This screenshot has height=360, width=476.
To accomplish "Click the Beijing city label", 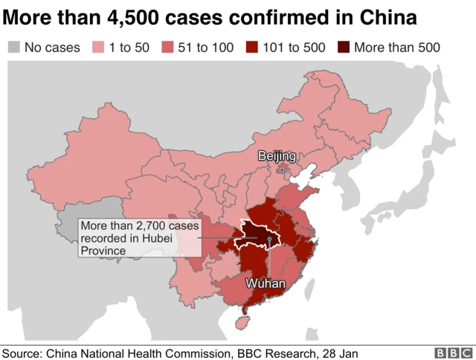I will (277, 155).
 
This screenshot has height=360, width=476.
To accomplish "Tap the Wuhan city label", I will (264, 283).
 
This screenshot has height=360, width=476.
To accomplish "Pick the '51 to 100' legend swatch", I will (167, 48).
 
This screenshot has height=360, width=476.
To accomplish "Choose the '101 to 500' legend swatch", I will (254, 48).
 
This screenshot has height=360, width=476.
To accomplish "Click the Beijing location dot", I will (281, 170).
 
